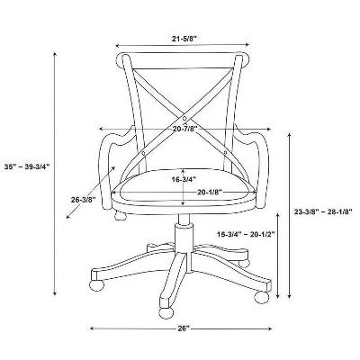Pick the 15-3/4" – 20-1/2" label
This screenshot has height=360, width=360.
click(246, 234)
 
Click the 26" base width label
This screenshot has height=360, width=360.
click(184, 328)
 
